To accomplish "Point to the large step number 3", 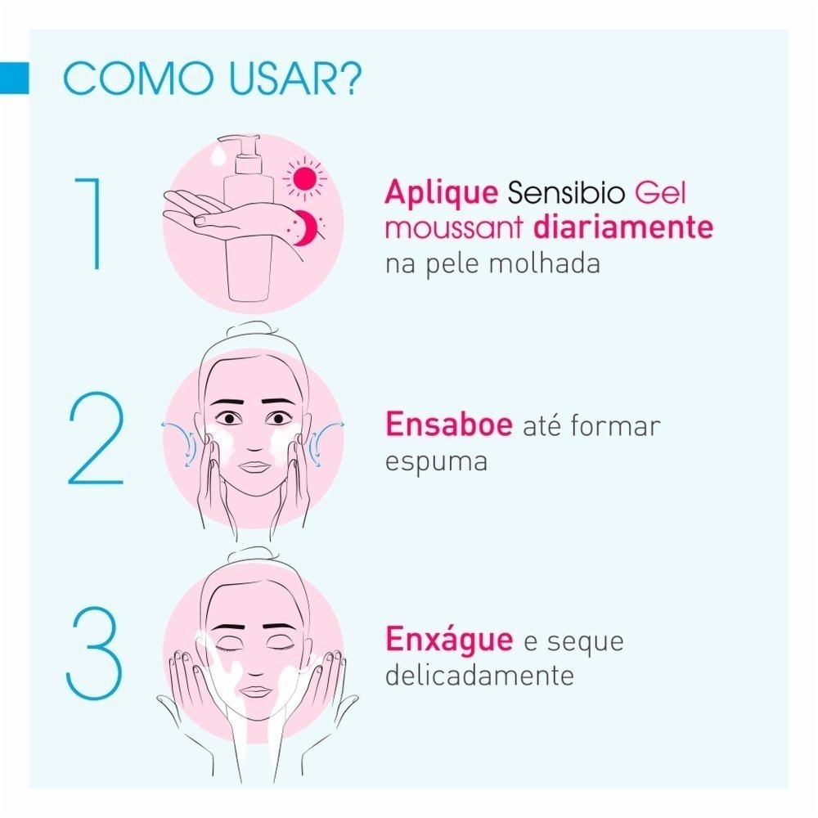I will click(x=95, y=651).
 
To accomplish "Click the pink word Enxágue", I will click(x=449, y=640).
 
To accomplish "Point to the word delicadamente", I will click(x=478, y=675).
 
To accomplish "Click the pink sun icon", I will click(x=304, y=178).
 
